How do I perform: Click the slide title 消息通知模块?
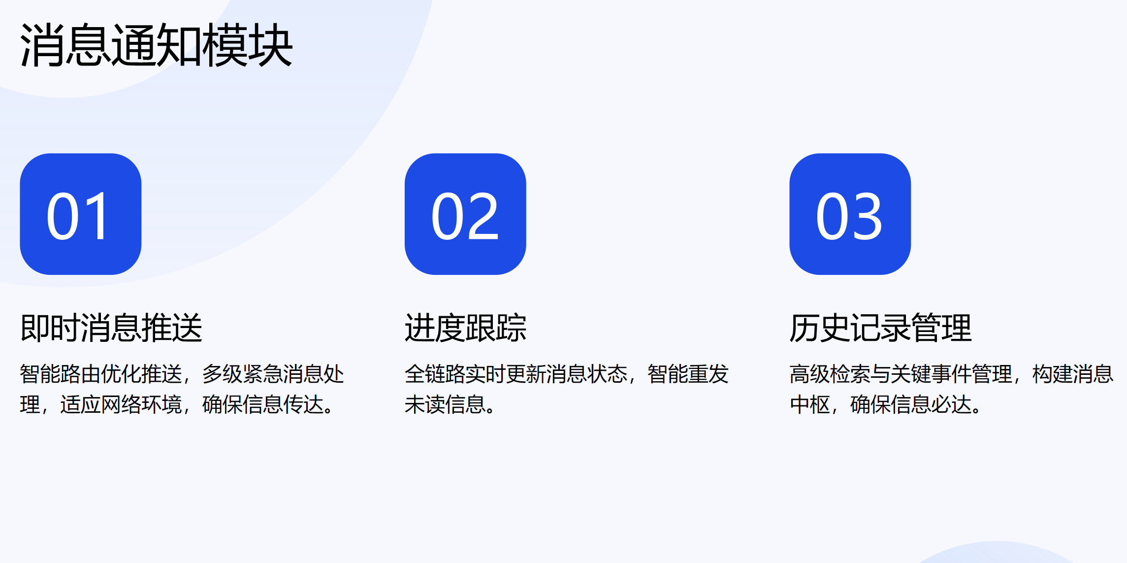coord(157,45)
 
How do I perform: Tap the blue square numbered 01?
coord(80,214)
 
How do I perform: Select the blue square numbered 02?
coord(465,214)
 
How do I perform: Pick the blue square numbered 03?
coord(850,214)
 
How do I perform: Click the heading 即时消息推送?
coord(111,328)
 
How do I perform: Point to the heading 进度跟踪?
coord(465,328)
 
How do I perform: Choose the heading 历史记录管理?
coord(880,328)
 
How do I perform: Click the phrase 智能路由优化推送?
coord(101,374)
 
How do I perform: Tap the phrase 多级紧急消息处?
coord(273,374)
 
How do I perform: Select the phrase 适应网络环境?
coord(121,405)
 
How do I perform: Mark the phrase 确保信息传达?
coord(263,405)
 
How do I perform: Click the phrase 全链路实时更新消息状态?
coord(516,374)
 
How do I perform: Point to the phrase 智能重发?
coord(688,374)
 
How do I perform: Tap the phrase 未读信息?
coord(445,405)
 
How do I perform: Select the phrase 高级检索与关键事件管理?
coord(901,374)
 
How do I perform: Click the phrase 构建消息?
coord(1072,374)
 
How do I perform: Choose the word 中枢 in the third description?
coord(810,405)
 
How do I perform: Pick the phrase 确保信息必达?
coord(910,405)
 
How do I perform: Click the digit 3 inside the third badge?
coord(867,217)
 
